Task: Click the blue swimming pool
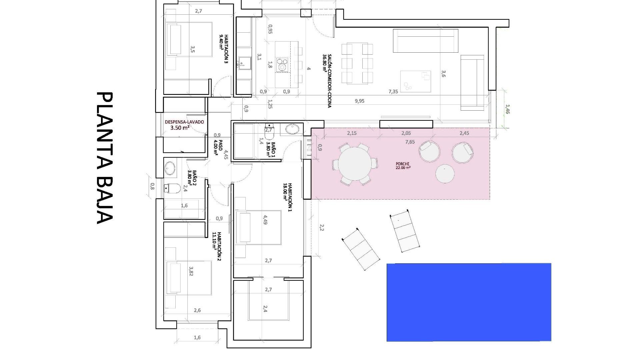point(469,302)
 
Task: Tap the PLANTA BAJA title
point(104,158)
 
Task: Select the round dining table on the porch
point(355,164)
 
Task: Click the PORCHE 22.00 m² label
point(403,166)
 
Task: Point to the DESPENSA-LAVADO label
point(184,124)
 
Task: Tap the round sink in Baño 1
point(293,129)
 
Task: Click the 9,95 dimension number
point(360,101)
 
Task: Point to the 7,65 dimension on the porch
point(410,142)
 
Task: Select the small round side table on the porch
point(445,174)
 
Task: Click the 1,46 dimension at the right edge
point(507,109)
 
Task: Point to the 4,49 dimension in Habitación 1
point(265,220)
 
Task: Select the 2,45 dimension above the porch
point(464,133)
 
